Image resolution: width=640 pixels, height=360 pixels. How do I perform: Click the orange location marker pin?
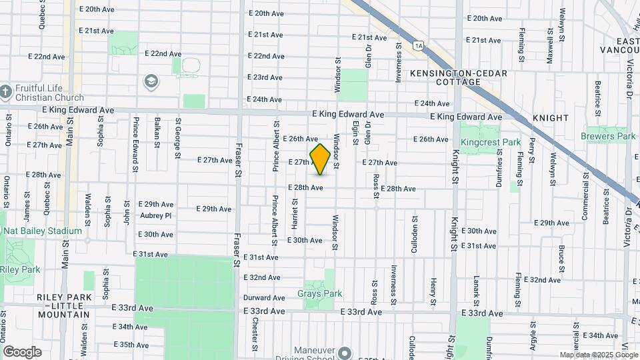(x=320, y=159)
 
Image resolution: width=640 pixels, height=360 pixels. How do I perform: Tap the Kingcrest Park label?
(x=490, y=142)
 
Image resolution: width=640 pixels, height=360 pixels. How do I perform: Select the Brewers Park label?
(x=607, y=136)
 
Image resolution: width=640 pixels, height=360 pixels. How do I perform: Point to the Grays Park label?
(x=319, y=293)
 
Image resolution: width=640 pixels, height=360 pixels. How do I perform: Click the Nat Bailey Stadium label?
(x=42, y=231)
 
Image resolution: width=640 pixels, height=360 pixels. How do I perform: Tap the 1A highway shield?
(x=418, y=45)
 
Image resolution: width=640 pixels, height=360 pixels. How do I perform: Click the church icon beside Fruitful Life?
(x=6, y=91)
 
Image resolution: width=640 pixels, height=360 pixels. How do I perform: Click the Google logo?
(x=22, y=351)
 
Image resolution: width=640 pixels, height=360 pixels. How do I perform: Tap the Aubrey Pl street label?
(x=156, y=215)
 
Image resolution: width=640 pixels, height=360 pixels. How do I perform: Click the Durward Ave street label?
(x=259, y=297)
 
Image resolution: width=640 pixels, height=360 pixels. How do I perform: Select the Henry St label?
(x=433, y=287)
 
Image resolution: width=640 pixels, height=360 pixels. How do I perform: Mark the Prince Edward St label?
(x=135, y=145)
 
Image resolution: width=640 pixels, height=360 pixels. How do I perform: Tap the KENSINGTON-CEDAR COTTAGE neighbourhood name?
(x=459, y=77)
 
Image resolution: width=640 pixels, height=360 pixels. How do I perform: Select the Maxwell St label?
(x=549, y=45)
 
